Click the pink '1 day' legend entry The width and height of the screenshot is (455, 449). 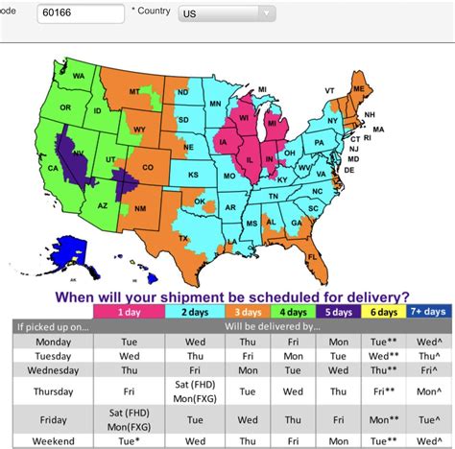tap(128, 311)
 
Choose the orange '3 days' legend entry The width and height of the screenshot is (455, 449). tap(248, 311)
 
